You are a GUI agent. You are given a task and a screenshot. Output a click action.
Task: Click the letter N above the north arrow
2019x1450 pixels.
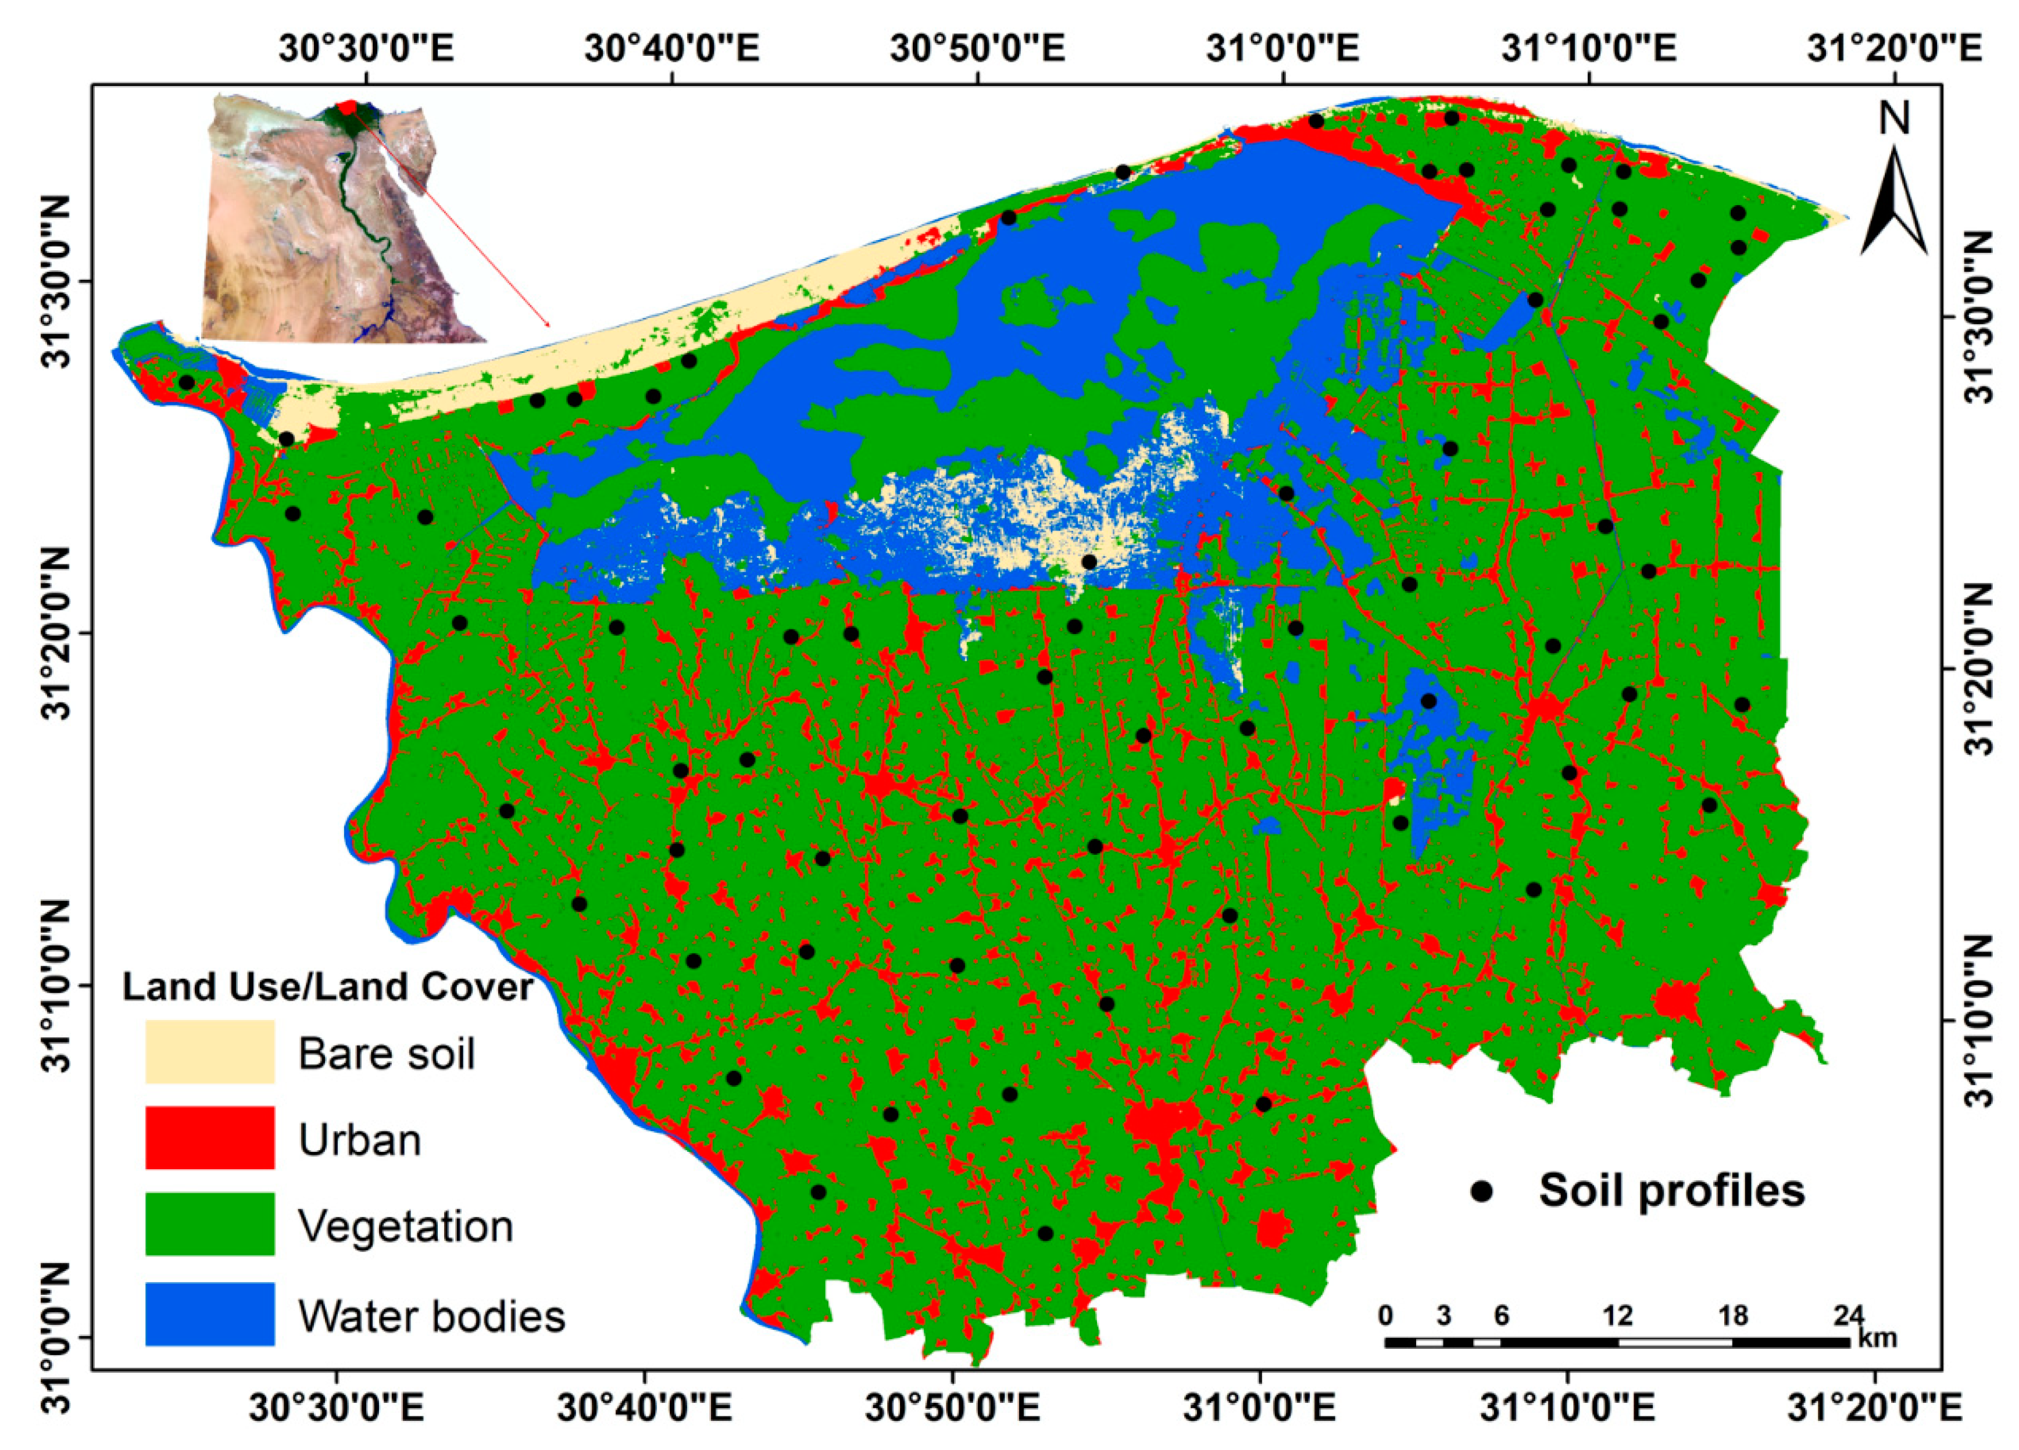click(1895, 119)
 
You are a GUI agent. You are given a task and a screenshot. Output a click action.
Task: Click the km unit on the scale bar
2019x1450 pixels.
click(1877, 1338)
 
